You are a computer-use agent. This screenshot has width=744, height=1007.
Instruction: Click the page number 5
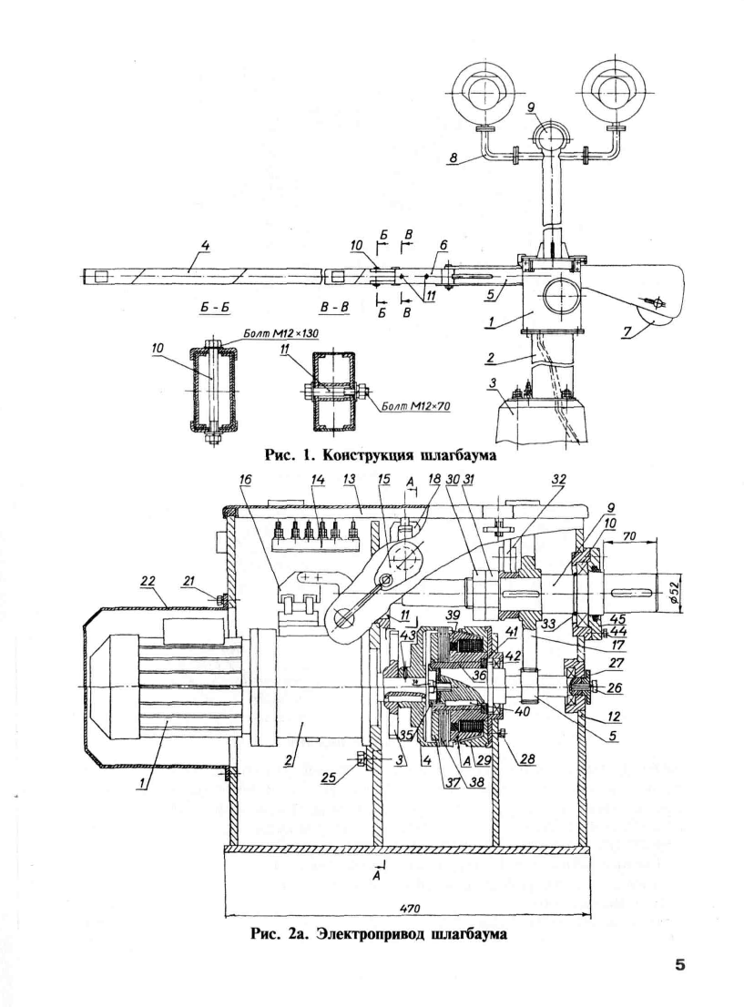(x=679, y=965)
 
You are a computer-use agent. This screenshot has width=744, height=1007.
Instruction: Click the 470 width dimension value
(x=409, y=909)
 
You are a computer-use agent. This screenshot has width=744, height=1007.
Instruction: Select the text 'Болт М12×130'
(x=280, y=334)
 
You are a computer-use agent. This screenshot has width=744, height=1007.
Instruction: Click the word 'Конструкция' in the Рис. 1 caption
(x=364, y=455)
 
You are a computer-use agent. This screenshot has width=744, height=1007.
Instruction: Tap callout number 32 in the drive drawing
(x=558, y=479)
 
